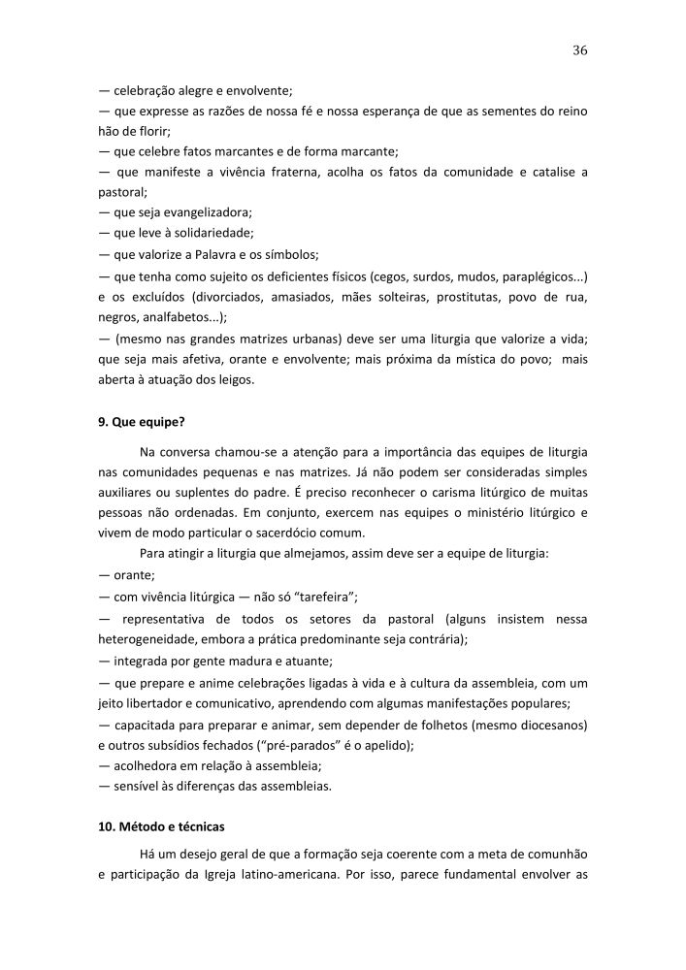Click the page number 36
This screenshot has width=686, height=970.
(580, 49)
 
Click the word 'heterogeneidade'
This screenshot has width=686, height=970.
(152, 639)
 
